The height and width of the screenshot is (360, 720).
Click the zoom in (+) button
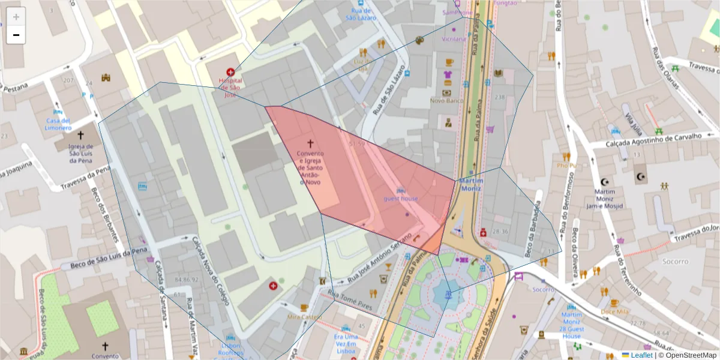(x=16, y=17)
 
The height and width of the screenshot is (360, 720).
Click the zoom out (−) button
(x=16, y=35)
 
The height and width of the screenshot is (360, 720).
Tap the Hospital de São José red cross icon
(x=230, y=72)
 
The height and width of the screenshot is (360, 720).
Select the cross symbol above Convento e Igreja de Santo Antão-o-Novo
(x=310, y=143)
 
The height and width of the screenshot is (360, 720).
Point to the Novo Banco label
(x=447, y=101)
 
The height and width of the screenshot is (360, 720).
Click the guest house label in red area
(x=401, y=198)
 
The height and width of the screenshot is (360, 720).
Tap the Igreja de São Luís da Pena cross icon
(x=80, y=136)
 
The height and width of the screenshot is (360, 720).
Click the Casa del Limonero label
(x=58, y=124)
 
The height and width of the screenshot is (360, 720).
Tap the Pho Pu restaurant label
(x=566, y=166)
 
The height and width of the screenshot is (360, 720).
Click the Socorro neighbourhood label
(x=675, y=261)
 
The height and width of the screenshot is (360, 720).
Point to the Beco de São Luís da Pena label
(x=109, y=256)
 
